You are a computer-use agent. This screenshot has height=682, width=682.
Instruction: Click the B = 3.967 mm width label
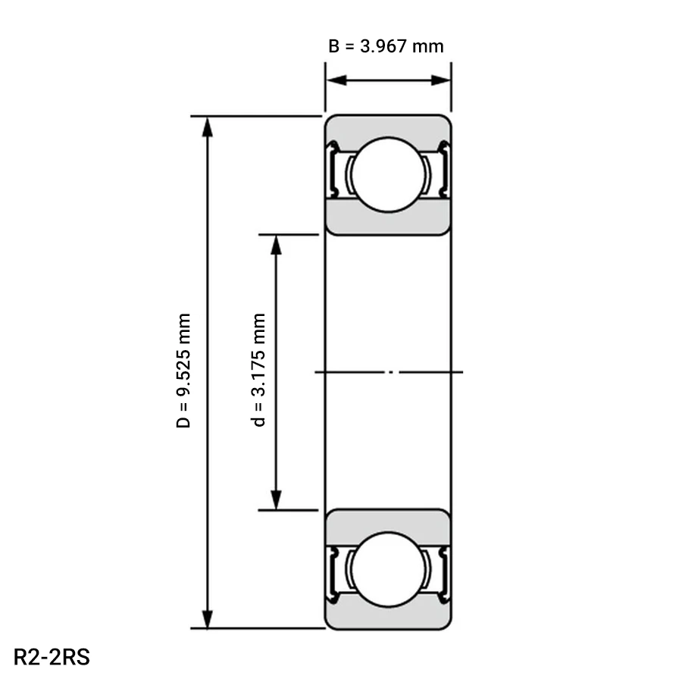(x=386, y=46)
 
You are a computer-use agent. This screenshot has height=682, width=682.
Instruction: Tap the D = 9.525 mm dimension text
(x=183, y=371)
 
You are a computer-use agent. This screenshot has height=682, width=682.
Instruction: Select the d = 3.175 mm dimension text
(x=259, y=370)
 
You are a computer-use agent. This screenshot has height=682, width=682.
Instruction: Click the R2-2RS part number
(x=52, y=657)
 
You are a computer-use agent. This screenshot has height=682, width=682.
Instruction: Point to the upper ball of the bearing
(x=388, y=175)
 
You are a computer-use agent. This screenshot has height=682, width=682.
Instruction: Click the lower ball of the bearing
(x=388, y=569)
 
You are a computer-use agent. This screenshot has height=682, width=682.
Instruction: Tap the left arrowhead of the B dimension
(x=336, y=80)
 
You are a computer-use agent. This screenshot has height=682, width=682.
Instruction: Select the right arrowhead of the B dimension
(x=440, y=80)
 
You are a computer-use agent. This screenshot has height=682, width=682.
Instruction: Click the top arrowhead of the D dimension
(x=208, y=127)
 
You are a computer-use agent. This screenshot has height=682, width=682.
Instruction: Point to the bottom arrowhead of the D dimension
(x=208, y=618)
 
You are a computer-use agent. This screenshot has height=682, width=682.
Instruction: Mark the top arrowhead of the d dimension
(x=276, y=246)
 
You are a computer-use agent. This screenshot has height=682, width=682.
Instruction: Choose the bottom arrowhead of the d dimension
(x=276, y=500)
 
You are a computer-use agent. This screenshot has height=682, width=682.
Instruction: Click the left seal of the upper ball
(x=333, y=169)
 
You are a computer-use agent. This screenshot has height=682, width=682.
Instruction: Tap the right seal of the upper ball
(x=443, y=169)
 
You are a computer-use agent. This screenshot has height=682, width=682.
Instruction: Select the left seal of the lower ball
(x=333, y=575)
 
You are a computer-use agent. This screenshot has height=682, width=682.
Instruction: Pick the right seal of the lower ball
(x=443, y=575)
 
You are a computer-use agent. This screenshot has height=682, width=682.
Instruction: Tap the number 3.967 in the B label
(x=383, y=46)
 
